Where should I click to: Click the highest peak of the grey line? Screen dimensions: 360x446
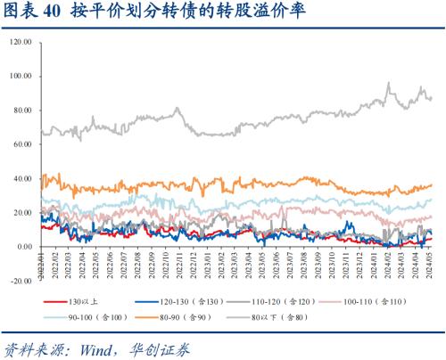pyautogui.click(x=389, y=83)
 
